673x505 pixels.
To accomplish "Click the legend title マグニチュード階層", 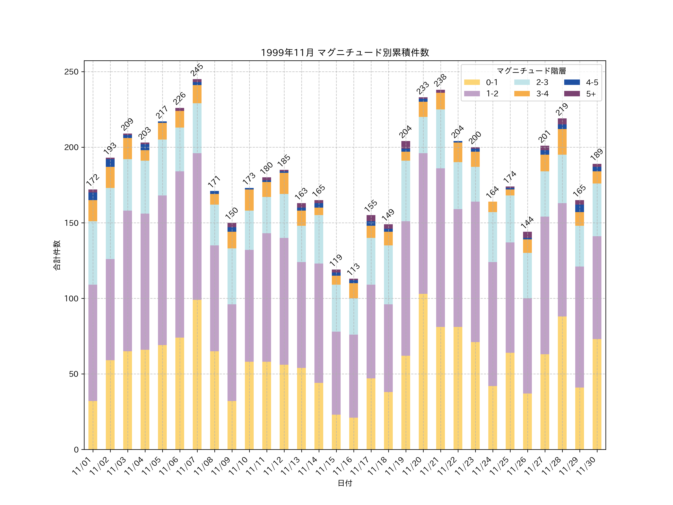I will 531,71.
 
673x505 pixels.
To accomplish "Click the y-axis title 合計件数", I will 57,255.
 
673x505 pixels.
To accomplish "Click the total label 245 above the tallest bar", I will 197,70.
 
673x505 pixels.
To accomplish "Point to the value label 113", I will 353,269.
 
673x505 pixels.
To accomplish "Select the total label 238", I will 440,80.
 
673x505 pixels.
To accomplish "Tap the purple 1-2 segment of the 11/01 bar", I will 93,343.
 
